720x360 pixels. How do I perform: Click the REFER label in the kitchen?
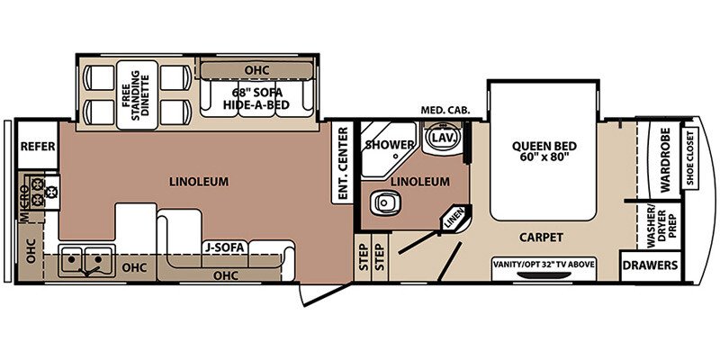[x=38, y=147]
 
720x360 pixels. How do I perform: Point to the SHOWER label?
[x=390, y=145]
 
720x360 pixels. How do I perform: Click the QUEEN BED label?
[x=544, y=147]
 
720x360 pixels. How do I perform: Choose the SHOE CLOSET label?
[x=690, y=157]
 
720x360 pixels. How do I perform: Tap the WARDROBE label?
[x=665, y=160]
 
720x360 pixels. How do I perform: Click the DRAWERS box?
[x=650, y=265]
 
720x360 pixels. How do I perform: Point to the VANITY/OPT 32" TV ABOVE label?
[x=544, y=264]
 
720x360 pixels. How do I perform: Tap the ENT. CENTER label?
[x=342, y=163]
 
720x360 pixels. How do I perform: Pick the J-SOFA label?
[x=225, y=247]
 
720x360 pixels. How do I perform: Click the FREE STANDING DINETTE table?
[x=137, y=94]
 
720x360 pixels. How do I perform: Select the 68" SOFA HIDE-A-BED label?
[x=256, y=99]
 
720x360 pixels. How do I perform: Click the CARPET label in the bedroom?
[x=541, y=238]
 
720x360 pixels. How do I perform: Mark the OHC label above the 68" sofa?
[x=256, y=71]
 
